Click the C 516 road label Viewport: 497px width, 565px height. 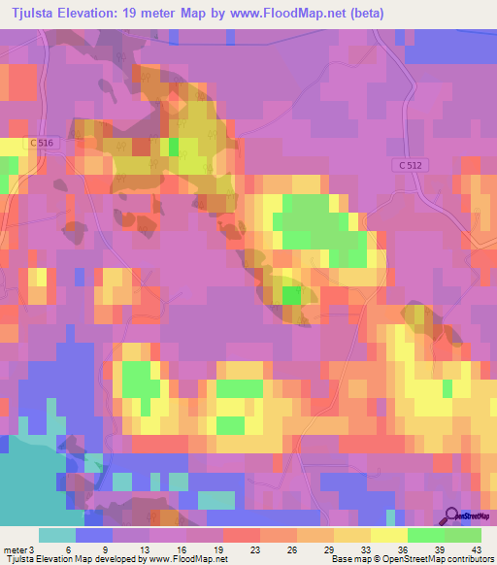(44, 143)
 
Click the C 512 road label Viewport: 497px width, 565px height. (409, 166)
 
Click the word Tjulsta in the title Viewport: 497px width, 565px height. (37, 14)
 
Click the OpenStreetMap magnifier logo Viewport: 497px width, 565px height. (452, 516)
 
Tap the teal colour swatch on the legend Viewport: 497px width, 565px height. (56, 535)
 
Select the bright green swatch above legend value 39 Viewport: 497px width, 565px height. (426, 535)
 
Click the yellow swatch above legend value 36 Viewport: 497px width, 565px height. (389, 535)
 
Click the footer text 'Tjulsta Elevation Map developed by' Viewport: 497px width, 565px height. (65, 559)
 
